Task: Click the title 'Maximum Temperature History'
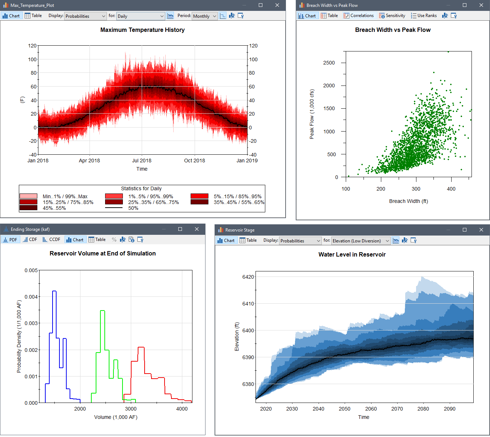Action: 142,30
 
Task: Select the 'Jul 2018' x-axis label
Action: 142,161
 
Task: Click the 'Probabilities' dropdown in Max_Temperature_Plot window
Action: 86,16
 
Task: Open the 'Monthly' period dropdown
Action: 205,16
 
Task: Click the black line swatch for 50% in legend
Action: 113,208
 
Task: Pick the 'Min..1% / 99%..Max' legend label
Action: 65,196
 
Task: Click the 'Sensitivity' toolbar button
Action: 392,16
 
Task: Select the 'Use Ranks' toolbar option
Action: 424,16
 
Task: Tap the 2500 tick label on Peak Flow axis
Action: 329,63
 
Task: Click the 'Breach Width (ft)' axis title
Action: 408,201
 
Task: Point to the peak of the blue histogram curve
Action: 54,291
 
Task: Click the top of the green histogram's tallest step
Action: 102,311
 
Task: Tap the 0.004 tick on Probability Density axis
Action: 31,297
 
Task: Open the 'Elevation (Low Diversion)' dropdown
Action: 361,241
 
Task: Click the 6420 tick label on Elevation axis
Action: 248,277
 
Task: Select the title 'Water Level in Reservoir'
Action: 352,254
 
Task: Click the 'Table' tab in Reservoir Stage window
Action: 248,240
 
